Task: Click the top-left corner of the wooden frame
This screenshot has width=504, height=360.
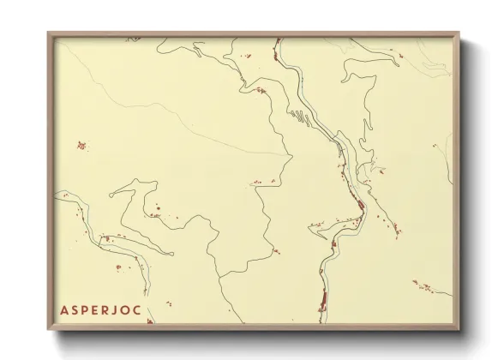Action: [x=48, y=33]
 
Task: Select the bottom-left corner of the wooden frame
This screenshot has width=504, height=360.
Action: [x=48, y=329]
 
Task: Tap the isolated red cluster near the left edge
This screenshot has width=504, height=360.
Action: [x=81, y=145]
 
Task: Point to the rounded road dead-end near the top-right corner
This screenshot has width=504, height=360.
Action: [x=345, y=79]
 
